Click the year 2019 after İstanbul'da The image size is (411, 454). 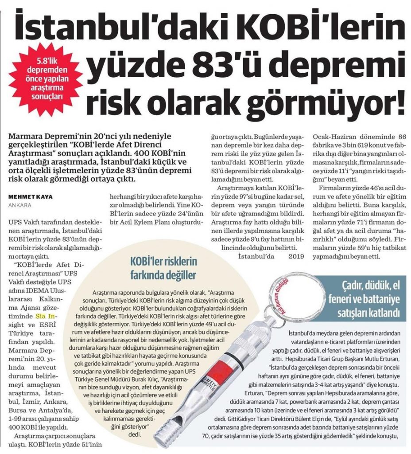click(x=291, y=256)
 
